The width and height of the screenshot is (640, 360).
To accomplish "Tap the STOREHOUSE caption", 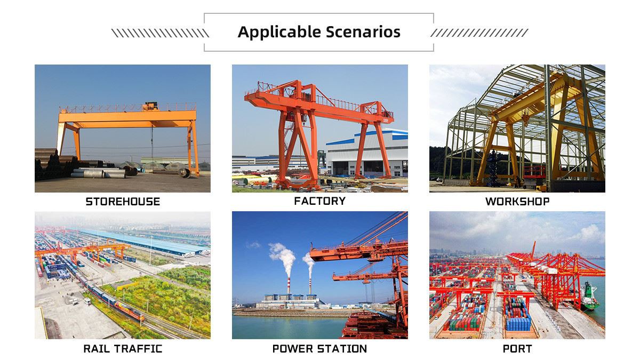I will pyautogui.click(x=123, y=202).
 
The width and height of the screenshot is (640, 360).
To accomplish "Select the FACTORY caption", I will pyautogui.click(x=319, y=201).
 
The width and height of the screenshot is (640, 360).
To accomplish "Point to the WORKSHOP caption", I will pyautogui.click(x=517, y=202).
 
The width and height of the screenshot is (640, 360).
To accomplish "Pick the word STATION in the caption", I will pyautogui.click(x=344, y=349).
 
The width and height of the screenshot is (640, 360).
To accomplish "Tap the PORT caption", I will pyautogui.click(x=517, y=349).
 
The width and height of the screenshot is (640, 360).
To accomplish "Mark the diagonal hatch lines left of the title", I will pyautogui.click(x=160, y=33).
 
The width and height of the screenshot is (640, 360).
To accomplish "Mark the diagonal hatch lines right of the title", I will pyautogui.click(x=479, y=33).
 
